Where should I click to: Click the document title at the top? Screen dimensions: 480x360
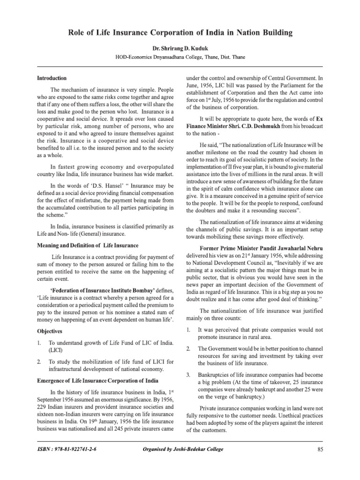tap(180, 33)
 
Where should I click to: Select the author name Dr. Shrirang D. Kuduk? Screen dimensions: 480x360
tap(180, 48)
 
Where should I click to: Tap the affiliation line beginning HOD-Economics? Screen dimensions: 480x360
tap(180, 57)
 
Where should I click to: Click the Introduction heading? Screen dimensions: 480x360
tap(52, 78)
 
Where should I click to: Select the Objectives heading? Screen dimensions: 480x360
tap(50, 330)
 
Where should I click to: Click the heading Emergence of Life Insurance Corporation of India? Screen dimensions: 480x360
tap(97, 380)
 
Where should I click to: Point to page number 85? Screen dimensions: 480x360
tap(321, 450)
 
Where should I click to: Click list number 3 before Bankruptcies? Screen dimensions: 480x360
tap(188, 375)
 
